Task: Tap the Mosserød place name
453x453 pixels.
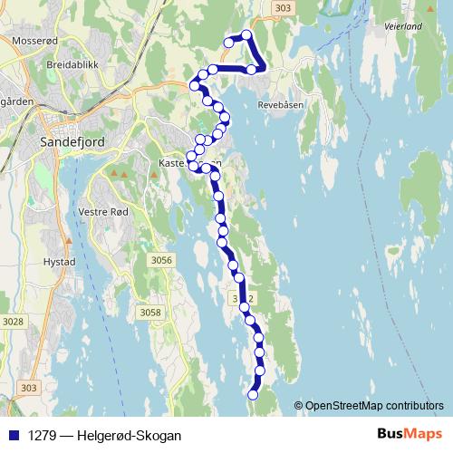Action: click(35, 41)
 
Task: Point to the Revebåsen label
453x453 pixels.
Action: click(284, 104)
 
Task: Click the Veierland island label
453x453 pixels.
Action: click(402, 27)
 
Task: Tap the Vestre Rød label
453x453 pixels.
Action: click(105, 212)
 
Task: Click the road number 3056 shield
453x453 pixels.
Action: click(161, 261)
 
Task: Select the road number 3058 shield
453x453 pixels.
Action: click(150, 313)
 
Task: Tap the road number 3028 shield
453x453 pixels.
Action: click(13, 322)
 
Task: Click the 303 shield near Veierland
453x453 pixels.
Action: click(283, 8)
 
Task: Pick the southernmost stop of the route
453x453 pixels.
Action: click(253, 395)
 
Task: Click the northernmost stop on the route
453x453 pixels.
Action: click(246, 35)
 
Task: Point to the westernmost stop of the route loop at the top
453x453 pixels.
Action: click(229, 42)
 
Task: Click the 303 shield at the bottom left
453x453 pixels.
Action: click(28, 387)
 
